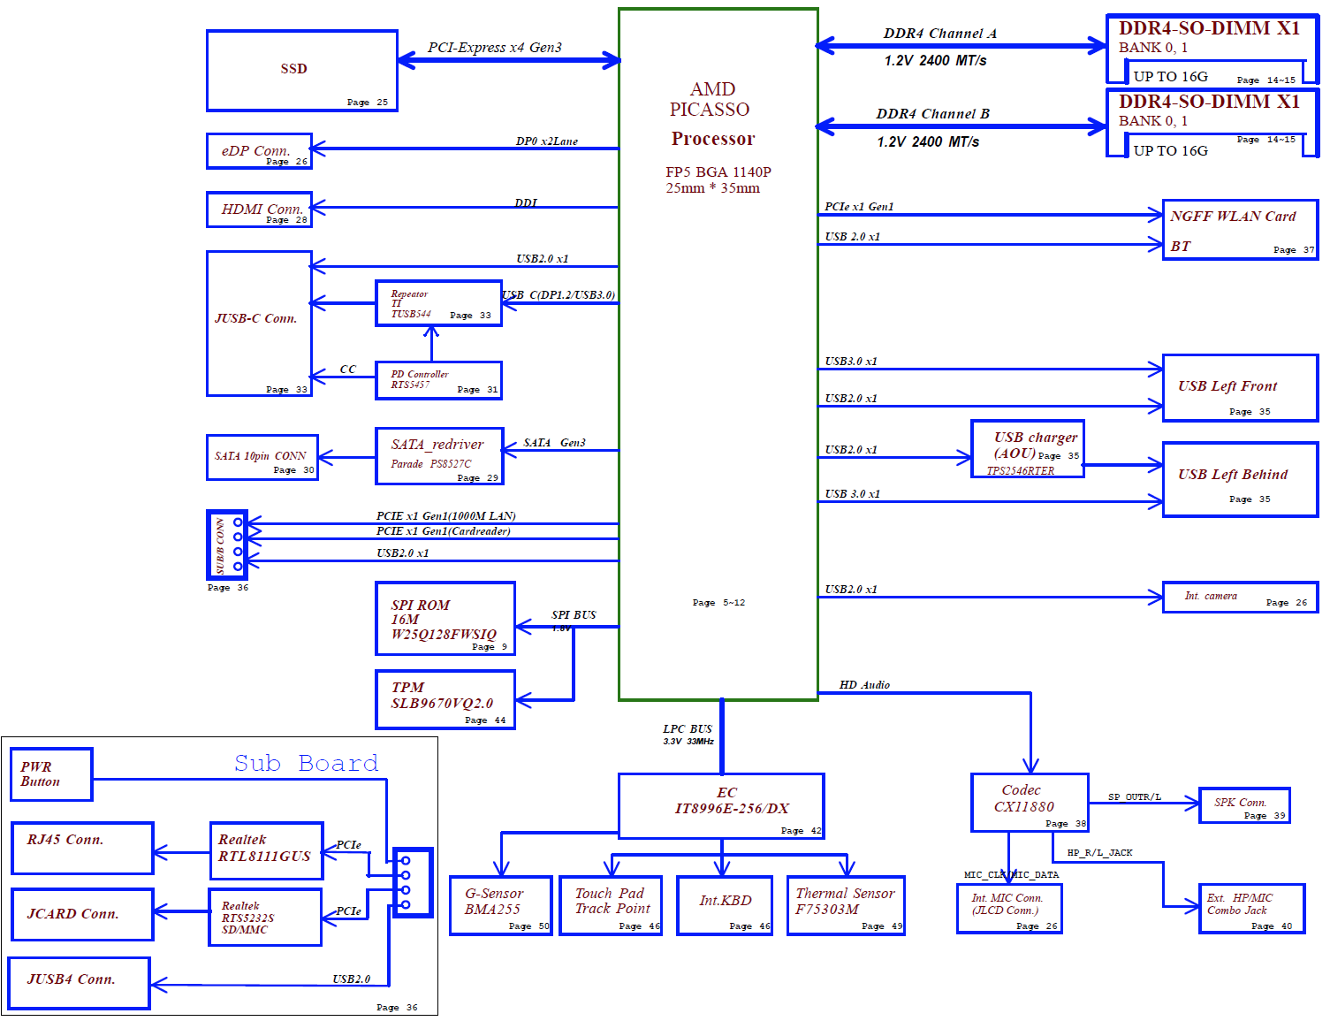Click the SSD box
point(301,71)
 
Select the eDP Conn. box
point(259,151)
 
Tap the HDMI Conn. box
point(259,210)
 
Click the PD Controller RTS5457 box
point(438,380)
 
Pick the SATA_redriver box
point(439,456)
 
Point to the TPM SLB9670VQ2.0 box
point(445,699)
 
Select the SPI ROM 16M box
point(445,619)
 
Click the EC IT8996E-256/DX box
point(721,805)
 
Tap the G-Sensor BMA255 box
point(500,905)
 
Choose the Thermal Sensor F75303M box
point(846,905)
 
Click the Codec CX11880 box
point(1029,802)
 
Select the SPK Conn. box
point(1244,805)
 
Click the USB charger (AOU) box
point(1028,449)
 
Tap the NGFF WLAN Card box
point(1240,230)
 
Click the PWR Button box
point(51,774)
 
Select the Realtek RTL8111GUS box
point(266,850)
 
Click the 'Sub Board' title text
point(306,763)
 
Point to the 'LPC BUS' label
point(688,729)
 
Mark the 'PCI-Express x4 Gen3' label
point(494,48)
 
